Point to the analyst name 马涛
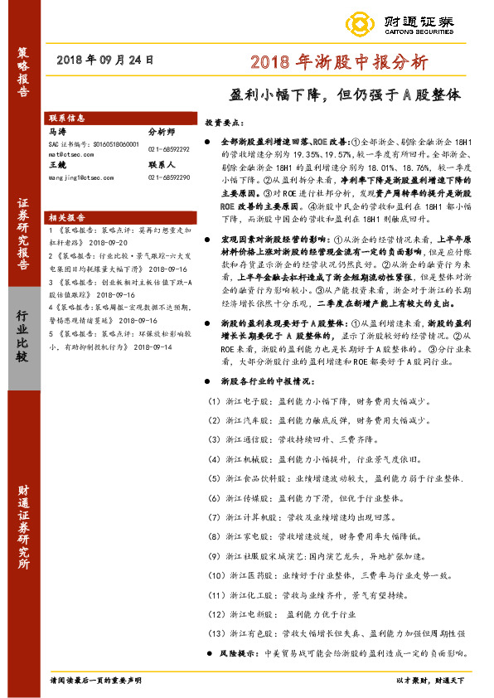(57, 131)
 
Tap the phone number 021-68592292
(167, 148)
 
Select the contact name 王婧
(57, 165)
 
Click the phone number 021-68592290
(167, 177)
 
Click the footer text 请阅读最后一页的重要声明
(96, 680)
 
